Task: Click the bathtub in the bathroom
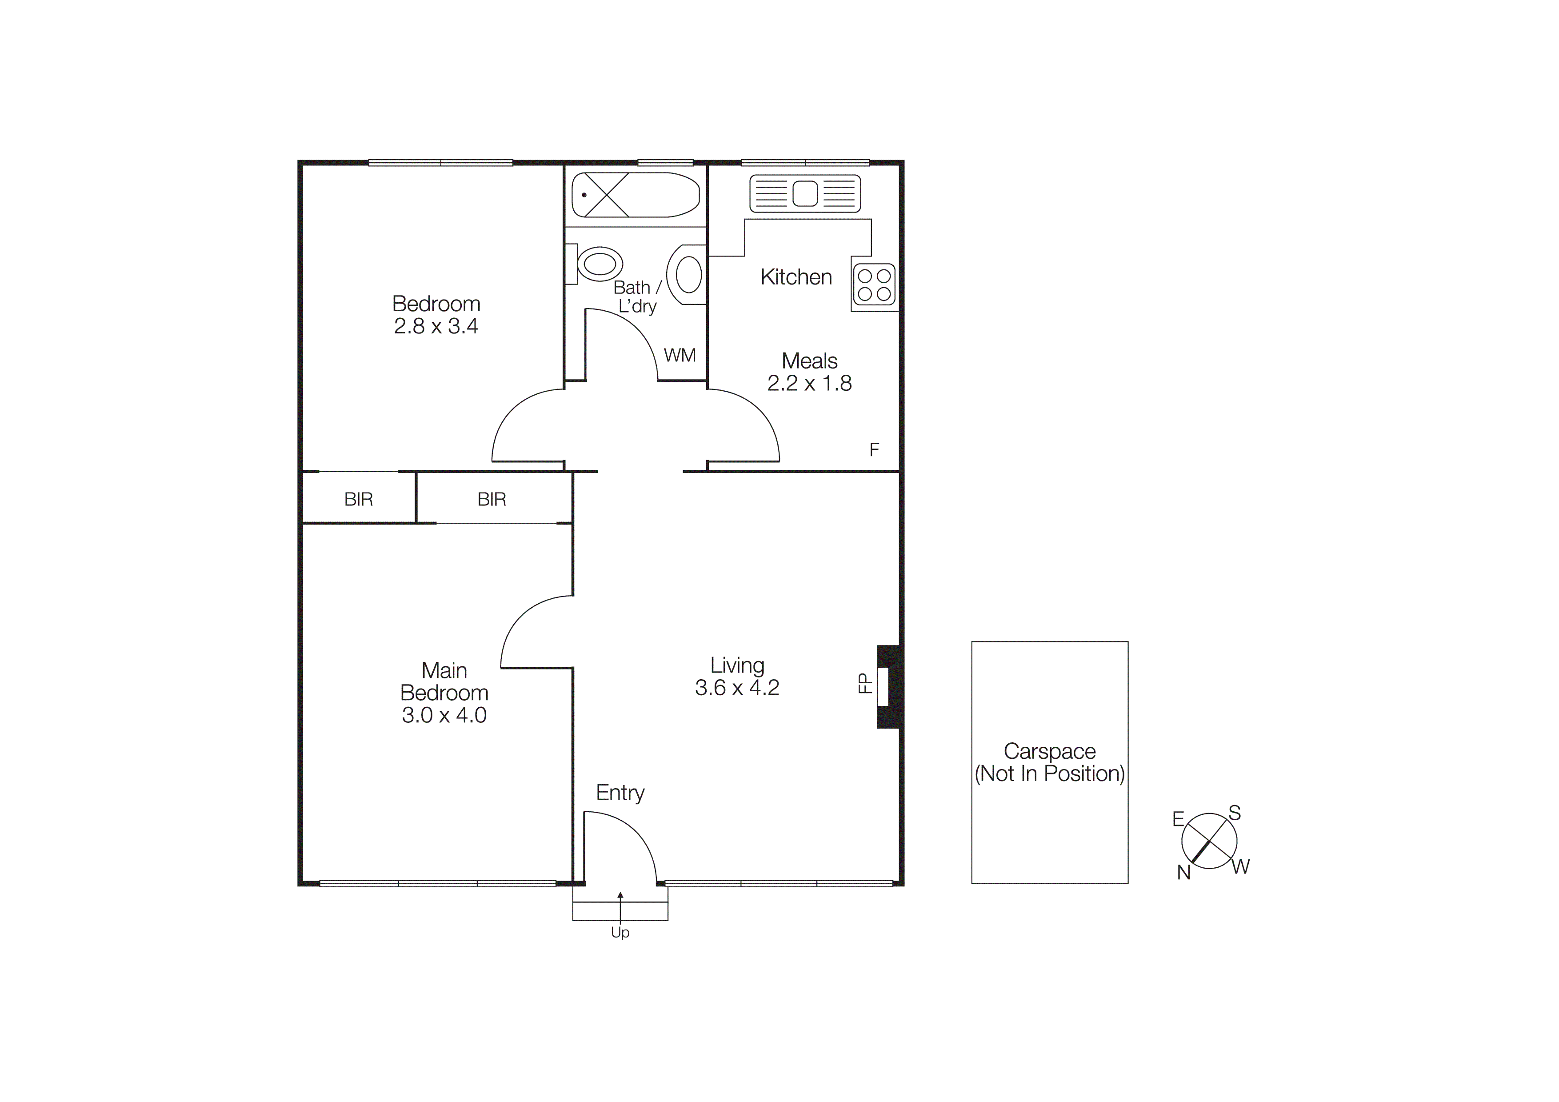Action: [x=635, y=195]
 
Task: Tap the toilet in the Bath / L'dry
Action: [x=600, y=264]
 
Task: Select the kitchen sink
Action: [x=805, y=193]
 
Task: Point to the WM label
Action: [x=680, y=355]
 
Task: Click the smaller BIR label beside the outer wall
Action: [x=359, y=500]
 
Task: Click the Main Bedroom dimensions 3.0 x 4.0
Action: [x=444, y=715]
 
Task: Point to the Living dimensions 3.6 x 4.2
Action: [x=737, y=688]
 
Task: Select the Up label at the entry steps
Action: [x=620, y=933]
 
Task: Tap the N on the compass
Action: [x=1183, y=873]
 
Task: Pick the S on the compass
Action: [x=1235, y=813]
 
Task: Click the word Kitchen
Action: [x=796, y=277]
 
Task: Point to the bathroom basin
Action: [x=688, y=274]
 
